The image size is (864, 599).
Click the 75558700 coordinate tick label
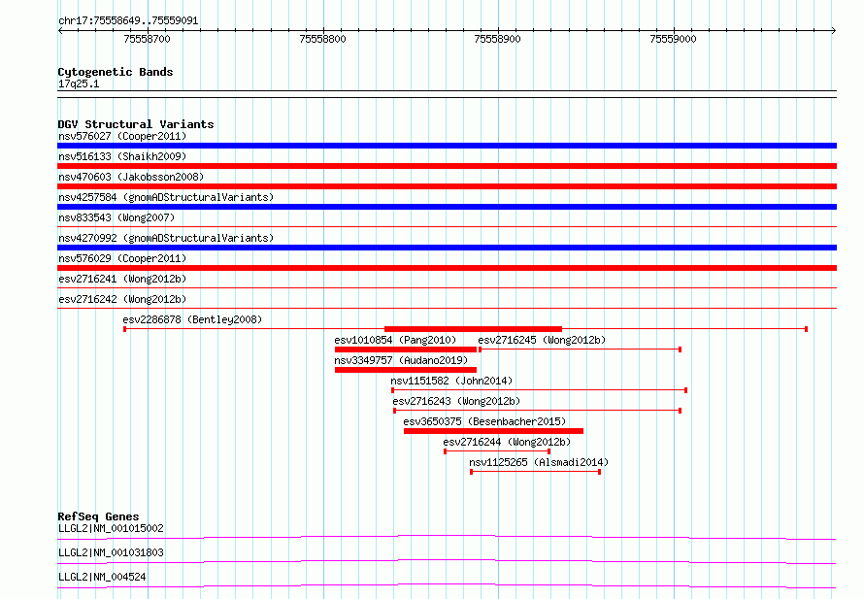point(148,39)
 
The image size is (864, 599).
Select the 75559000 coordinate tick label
point(673,39)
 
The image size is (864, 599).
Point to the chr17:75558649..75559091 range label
point(128,21)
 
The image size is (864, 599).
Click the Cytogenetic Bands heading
point(116,72)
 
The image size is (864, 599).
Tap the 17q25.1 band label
point(79,83)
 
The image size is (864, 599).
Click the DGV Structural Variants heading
point(136,124)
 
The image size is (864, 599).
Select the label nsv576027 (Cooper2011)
point(122,136)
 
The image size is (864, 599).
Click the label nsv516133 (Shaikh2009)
point(122,156)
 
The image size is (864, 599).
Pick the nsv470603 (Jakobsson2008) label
point(131,177)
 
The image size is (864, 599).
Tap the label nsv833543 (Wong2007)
point(116,217)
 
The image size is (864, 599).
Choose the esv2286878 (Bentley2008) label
point(192,319)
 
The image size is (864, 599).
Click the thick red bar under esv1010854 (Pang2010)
point(406,349)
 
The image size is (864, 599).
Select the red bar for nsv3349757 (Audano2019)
point(406,370)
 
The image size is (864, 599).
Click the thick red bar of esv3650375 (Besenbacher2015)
point(493,431)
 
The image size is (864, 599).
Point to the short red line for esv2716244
point(497,451)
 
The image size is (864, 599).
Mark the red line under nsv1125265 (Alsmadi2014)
point(535,472)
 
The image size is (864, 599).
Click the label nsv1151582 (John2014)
point(451,381)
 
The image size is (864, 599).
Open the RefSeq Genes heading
point(98,516)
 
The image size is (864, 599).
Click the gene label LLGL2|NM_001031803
point(111,552)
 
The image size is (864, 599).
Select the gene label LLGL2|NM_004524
point(102,577)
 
